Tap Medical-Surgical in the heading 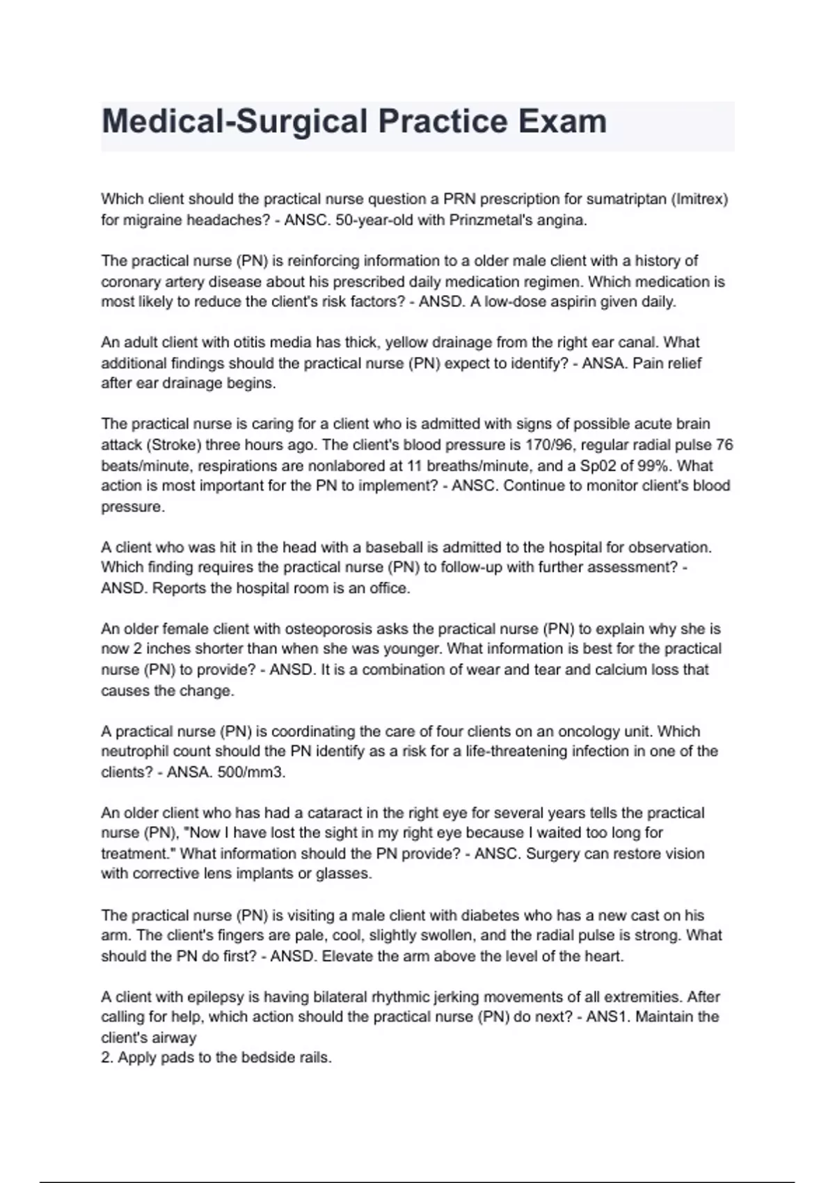[234, 122]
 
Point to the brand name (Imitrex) [699, 199]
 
